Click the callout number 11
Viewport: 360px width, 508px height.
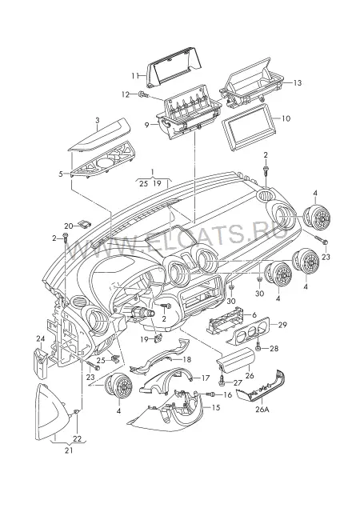click(134, 75)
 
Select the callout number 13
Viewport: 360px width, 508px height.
click(297, 83)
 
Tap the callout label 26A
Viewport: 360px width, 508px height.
click(262, 410)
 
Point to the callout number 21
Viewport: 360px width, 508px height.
click(69, 450)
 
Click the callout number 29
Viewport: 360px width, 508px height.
click(282, 325)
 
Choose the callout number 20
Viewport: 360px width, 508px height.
click(69, 226)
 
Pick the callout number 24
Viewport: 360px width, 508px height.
click(40, 339)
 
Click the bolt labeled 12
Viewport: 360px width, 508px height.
click(143, 94)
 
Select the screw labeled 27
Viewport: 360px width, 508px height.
click(222, 381)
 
